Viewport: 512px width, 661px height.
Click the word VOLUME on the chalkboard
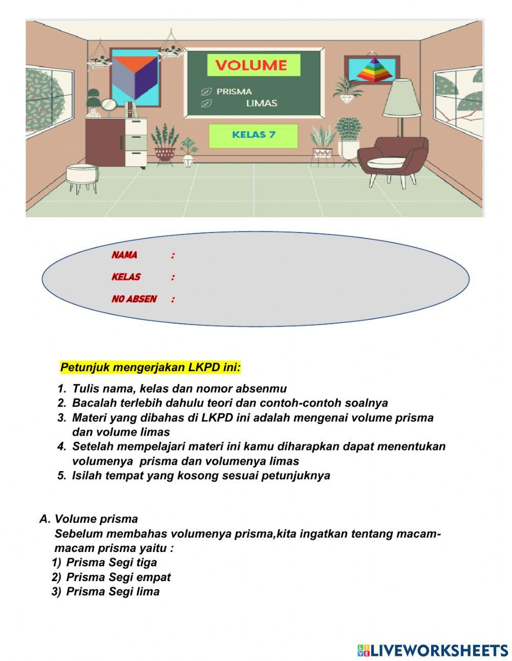click(251, 66)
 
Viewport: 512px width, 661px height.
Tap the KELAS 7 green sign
click(253, 135)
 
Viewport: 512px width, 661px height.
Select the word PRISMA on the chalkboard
click(234, 92)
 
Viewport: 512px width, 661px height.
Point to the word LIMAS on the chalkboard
click(261, 103)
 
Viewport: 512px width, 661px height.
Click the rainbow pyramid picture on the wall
click(372, 70)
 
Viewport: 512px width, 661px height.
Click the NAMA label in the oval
click(124, 255)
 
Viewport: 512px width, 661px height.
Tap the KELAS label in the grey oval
click(126, 277)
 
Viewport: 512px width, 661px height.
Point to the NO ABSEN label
click(134, 299)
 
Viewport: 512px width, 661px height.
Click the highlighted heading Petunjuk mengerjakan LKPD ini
click(151, 368)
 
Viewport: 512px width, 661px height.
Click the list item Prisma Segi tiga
click(112, 563)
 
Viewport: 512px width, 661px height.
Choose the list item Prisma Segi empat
click(118, 577)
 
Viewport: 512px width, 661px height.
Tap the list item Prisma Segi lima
click(113, 592)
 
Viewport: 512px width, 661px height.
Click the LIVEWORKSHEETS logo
click(433, 650)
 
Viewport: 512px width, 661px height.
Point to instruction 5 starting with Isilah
click(201, 476)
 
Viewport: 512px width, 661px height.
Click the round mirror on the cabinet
click(109, 105)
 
